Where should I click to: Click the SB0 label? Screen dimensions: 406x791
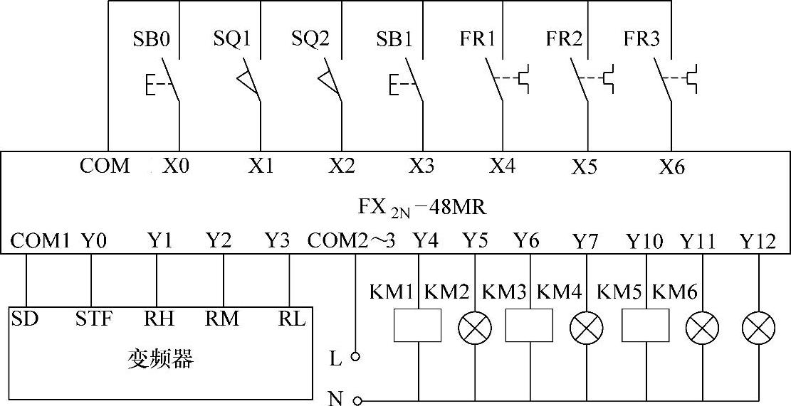point(151,38)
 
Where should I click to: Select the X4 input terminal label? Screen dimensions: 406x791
point(503,166)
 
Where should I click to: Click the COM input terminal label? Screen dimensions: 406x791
point(105,166)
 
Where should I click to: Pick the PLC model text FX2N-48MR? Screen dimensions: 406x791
point(422,207)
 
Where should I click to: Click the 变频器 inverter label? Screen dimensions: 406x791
point(160,360)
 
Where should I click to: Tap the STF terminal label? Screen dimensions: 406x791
point(93,318)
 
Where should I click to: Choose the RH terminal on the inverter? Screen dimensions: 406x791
point(159,318)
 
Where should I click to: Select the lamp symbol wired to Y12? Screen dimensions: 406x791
point(758,327)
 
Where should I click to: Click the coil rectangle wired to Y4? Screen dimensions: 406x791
point(418,326)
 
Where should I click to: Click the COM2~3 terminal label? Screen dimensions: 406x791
point(351,242)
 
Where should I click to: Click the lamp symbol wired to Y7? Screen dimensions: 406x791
point(586,327)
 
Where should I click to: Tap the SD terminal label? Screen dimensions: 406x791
point(24,318)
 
